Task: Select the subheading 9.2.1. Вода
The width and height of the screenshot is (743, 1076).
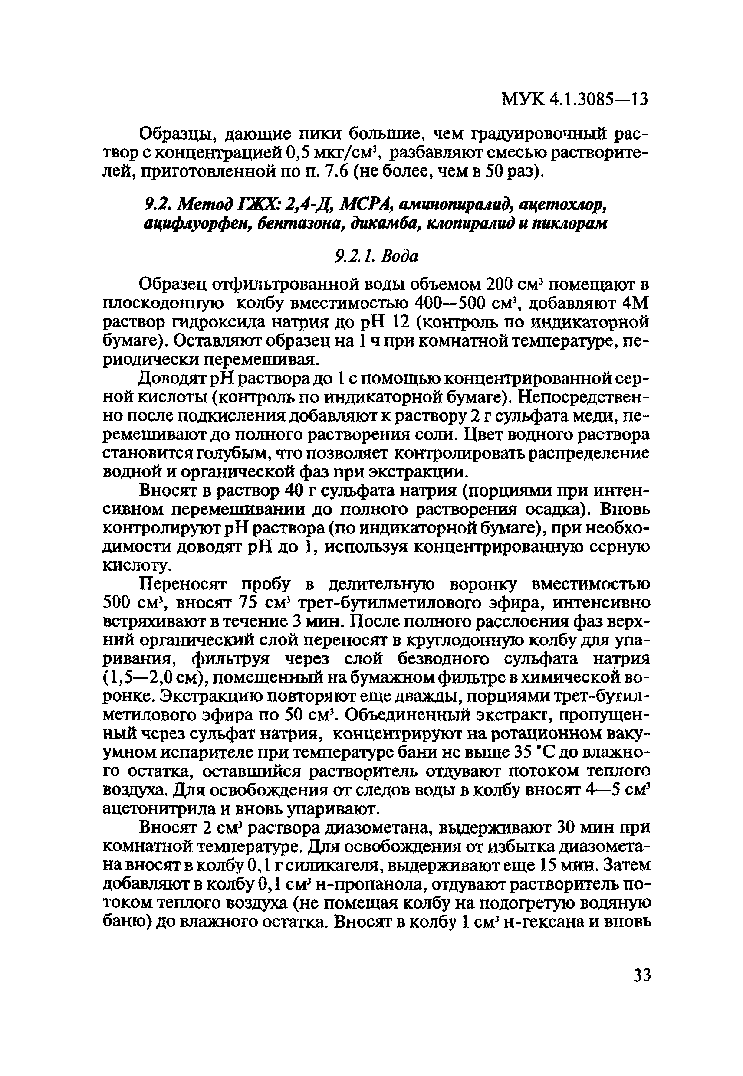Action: point(376,255)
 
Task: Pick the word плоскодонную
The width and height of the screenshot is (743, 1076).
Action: point(163,303)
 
